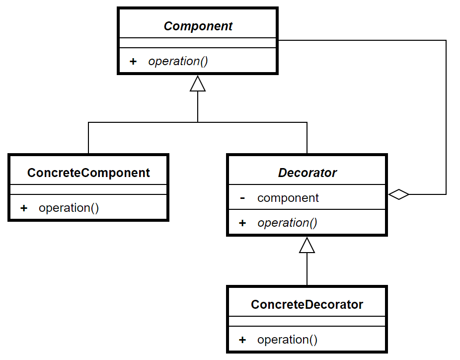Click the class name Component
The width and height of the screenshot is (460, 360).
coord(198,26)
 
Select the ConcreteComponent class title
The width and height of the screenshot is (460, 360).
coord(88,173)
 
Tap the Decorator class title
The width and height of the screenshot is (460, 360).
coord(307,173)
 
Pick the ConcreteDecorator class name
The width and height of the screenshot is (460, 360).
coord(307,304)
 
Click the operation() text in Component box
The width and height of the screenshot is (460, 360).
coord(178,61)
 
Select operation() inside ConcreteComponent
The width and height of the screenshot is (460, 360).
coord(69,208)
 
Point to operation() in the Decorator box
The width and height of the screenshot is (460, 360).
coord(287,223)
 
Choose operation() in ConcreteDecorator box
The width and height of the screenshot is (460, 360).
coord(287,340)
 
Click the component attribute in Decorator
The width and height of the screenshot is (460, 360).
coord(288,198)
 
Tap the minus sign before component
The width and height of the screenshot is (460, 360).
coord(242,198)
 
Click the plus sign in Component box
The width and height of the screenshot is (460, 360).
coord(133,61)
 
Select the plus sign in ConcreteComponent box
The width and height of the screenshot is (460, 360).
coord(24,208)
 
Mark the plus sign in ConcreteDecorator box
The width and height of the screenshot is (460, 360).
coord(242,340)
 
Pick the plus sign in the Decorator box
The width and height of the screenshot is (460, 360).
coord(242,223)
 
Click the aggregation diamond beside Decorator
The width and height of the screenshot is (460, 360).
coord(399,194)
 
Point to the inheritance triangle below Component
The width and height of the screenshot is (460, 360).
coord(198,84)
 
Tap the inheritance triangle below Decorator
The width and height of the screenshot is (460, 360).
coord(307,245)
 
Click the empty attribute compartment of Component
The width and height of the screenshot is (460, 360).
coord(198,43)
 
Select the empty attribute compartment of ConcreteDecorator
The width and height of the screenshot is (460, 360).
coord(307,321)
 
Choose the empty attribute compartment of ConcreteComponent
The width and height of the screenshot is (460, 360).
coord(88,189)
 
